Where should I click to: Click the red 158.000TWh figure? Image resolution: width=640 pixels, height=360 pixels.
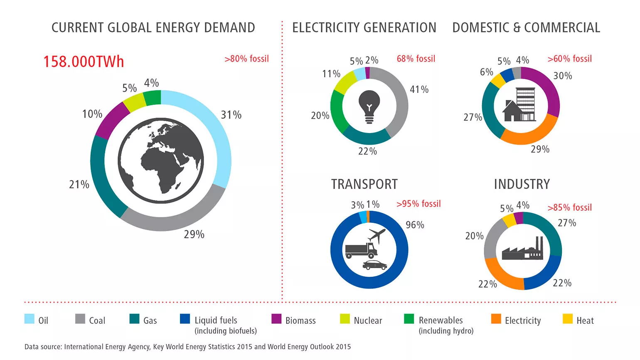[x=84, y=62]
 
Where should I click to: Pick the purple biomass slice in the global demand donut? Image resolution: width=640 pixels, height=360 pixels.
[x=111, y=119]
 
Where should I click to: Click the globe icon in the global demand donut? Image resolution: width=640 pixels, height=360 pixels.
[x=161, y=160]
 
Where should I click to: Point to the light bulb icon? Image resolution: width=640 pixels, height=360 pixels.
[x=369, y=106]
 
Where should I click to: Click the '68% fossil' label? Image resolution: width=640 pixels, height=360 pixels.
[x=416, y=59]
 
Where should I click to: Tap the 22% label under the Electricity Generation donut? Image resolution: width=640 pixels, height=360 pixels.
[x=367, y=151]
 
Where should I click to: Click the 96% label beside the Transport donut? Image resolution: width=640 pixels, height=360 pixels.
[x=415, y=225]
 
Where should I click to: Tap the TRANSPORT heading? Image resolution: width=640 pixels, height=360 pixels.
[x=364, y=184]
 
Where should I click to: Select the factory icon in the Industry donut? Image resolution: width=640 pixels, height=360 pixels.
[x=522, y=249]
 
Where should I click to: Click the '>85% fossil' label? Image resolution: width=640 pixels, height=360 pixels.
[x=569, y=207]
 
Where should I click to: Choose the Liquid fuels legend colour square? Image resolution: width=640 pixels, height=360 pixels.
[x=185, y=319]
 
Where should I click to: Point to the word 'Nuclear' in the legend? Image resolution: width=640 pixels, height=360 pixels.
[x=368, y=321]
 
